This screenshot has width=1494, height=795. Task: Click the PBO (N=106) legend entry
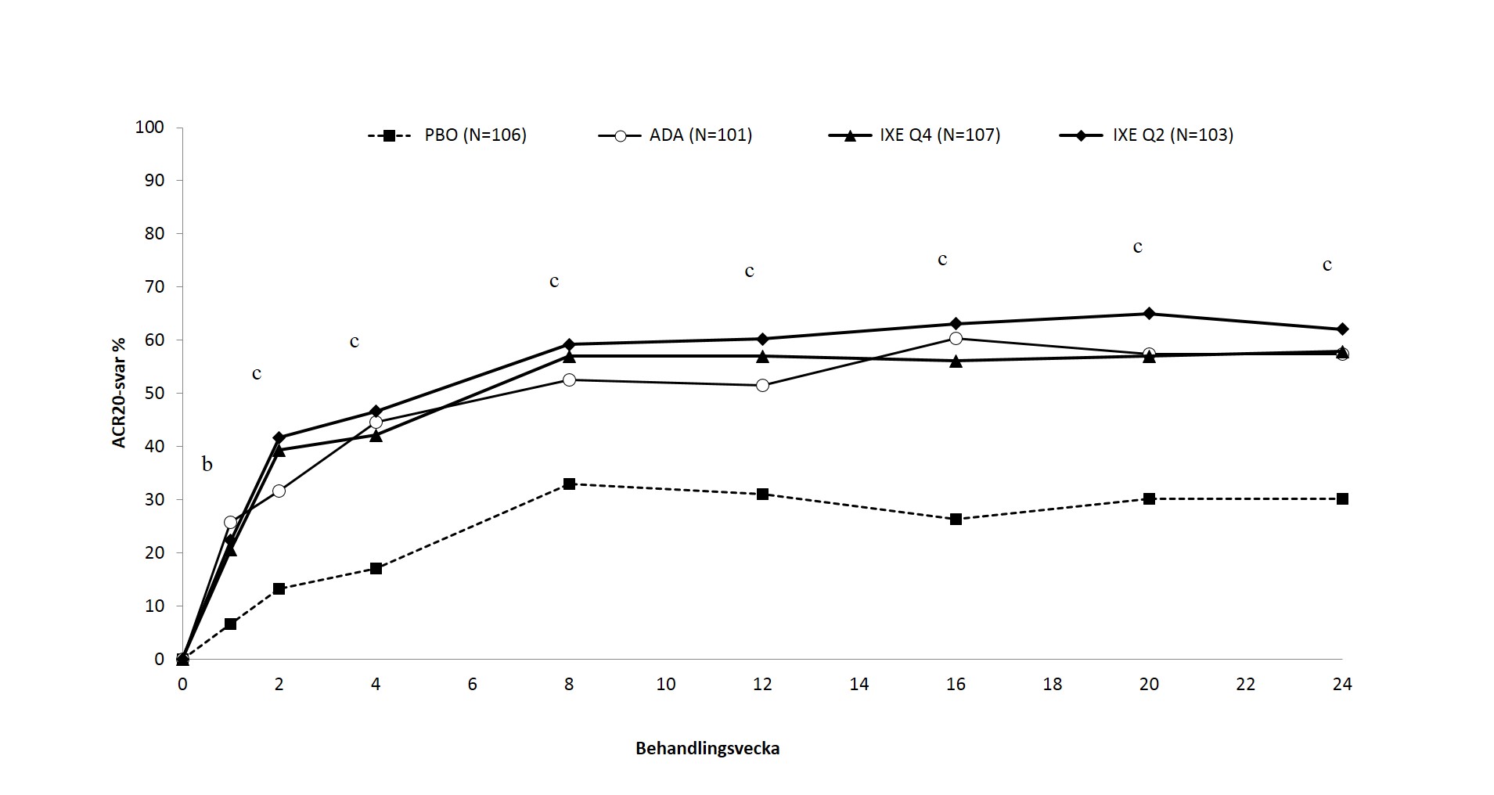point(447,135)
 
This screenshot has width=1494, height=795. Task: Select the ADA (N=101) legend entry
point(675,135)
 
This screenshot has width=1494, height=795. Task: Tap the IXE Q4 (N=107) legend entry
point(914,135)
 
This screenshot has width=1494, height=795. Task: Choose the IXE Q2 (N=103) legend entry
point(1146,135)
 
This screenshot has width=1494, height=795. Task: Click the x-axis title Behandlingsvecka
point(707,749)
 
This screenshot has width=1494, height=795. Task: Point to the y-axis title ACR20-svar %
point(119,393)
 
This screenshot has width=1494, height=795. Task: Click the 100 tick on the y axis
point(149,127)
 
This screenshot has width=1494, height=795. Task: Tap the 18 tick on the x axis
point(1053,685)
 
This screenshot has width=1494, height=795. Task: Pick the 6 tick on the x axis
point(473,685)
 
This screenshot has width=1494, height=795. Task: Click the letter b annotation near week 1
point(207,464)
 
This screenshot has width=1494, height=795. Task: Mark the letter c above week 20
point(1138,247)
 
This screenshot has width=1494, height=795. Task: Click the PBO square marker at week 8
point(569,484)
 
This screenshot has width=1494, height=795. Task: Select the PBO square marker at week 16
point(956,519)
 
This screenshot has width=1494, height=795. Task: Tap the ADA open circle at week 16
point(956,338)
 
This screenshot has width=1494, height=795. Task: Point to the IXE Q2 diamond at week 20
point(1149,314)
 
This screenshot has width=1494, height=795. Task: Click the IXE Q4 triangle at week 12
point(762,356)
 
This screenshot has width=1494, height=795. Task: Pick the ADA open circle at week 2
point(279,491)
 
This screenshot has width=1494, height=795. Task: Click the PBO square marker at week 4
point(376,568)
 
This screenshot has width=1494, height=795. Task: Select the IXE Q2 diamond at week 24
point(1342,329)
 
